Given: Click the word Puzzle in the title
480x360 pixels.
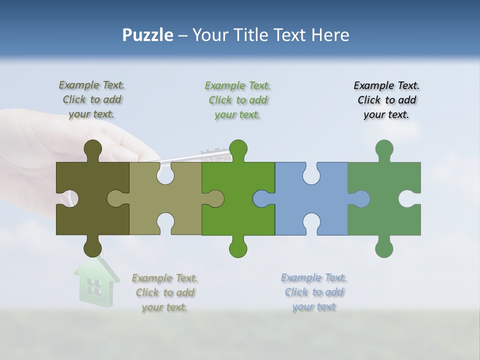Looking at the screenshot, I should [147, 35].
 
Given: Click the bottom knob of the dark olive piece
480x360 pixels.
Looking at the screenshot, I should [92, 247].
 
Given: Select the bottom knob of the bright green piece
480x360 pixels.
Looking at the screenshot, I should [238, 248].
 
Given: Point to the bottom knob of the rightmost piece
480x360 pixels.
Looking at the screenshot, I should [384, 248].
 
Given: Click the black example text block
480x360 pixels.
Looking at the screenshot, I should [386, 100].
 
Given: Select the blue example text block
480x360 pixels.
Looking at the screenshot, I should [313, 292].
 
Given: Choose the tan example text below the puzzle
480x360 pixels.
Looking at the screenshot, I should [164, 292].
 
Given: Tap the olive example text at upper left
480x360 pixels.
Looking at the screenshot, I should [91, 99].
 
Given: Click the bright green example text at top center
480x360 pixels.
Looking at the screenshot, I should [237, 100].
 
